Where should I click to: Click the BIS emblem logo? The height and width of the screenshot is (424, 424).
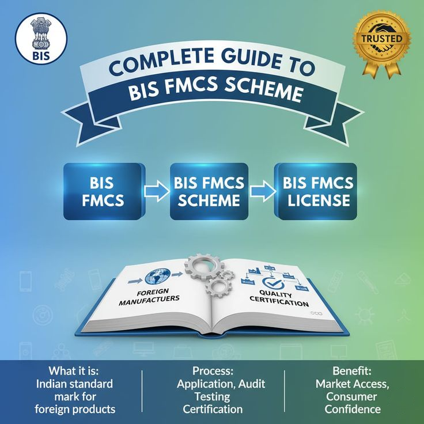pos(41,39)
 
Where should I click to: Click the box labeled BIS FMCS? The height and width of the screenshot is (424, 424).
pos(103,191)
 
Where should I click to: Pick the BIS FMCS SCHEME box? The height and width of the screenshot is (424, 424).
pos(209,191)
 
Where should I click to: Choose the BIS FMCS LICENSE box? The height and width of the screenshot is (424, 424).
pos(316,191)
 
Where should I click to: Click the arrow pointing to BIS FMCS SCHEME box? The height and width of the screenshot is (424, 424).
pos(157,191)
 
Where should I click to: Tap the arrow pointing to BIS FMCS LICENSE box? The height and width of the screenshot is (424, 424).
pos(263,191)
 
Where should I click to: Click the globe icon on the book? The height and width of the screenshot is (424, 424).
pos(158,277)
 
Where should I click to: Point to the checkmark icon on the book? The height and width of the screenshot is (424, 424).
pos(274,283)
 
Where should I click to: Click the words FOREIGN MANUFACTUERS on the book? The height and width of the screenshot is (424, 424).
pos(149,297)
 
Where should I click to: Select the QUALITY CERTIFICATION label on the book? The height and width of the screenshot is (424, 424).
pos(278,298)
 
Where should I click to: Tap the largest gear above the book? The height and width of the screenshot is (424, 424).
pos(203,267)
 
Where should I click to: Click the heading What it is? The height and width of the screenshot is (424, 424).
pos(74,371)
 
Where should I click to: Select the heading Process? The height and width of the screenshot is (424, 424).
pos(213,371)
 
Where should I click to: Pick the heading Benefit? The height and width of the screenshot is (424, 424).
pos(352,371)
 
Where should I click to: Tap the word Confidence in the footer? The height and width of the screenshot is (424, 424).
pos(353,409)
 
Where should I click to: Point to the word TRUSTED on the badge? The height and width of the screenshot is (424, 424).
pos(382,39)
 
